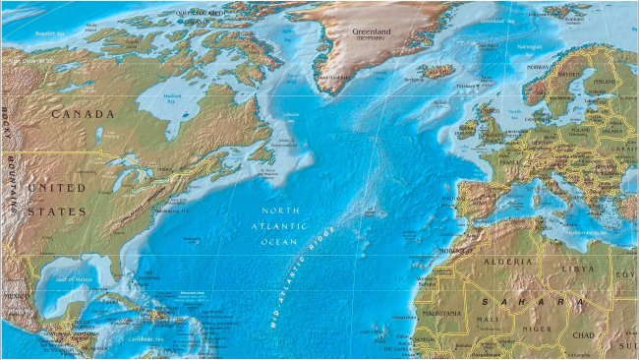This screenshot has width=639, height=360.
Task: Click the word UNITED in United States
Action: coord(57,187)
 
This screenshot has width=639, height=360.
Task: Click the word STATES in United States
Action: coord(57,211)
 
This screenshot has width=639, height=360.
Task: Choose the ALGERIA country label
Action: coord(509,263)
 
